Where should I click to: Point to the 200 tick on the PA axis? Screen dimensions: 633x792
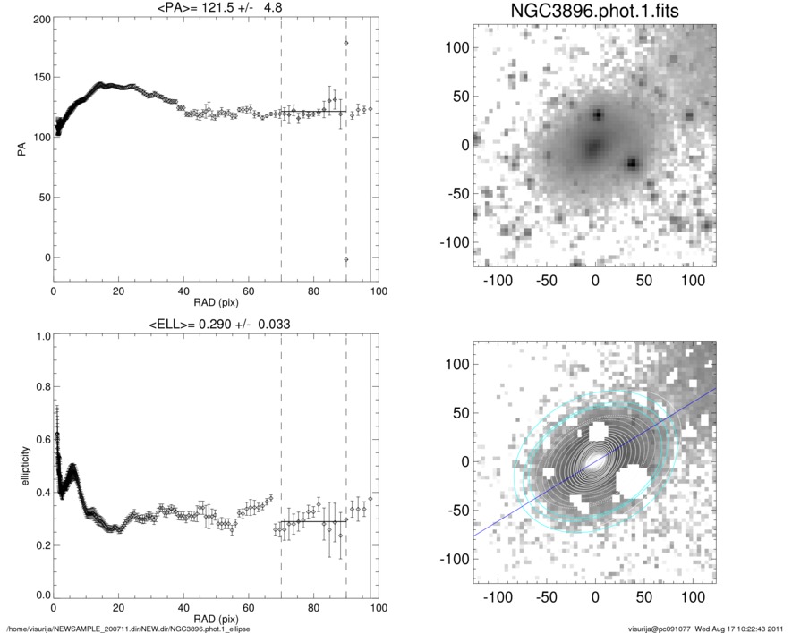point(39,19)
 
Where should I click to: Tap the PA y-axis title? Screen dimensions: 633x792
point(21,148)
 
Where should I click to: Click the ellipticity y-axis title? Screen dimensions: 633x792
point(21,465)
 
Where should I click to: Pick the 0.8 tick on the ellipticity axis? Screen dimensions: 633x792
point(39,387)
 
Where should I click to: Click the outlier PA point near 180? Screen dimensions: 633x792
point(346,43)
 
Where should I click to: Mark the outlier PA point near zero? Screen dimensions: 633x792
point(346,259)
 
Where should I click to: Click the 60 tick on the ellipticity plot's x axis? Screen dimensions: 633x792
point(249,608)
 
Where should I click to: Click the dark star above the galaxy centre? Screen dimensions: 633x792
point(597,114)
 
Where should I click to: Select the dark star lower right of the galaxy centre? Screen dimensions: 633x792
point(633,164)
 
